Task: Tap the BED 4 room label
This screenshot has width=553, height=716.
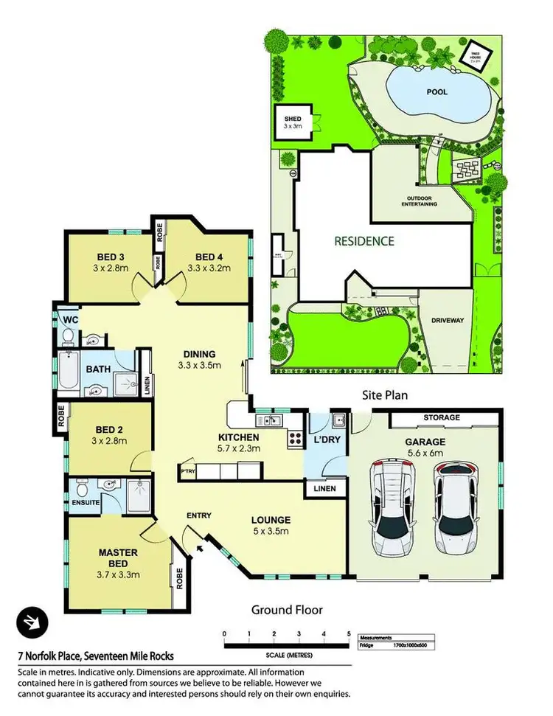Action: pyautogui.click(x=209, y=257)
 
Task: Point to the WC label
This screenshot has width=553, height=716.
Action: pyautogui.click(x=71, y=319)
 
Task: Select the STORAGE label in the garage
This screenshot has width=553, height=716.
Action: pyautogui.click(x=441, y=417)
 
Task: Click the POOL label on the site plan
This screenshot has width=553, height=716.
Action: pyautogui.click(x=439, y=92)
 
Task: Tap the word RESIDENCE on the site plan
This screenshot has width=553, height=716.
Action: pyautogui.click(x=364, y=240)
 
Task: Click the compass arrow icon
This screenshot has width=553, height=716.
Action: pyautogui.click(x=32, y=622)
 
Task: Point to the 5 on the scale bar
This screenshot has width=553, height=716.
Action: pyautogui.click(x=349, y=633)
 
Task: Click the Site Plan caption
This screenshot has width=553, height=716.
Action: pyautogui.click(x=384, y=395)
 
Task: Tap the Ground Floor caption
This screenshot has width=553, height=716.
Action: pyautogui.click(x=287, y=610)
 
